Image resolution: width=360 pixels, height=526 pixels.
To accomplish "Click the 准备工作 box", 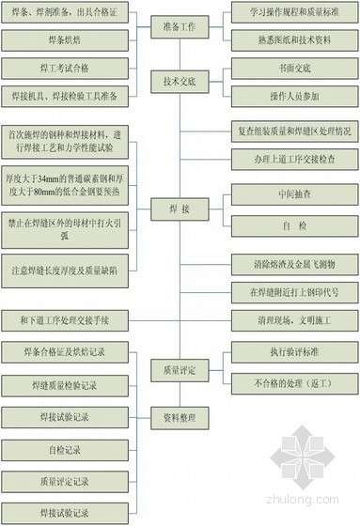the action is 180,28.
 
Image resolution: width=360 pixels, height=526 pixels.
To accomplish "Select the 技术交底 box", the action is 180,84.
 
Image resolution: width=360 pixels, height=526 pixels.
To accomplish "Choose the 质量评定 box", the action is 180,371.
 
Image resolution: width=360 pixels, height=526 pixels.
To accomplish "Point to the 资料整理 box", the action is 180,418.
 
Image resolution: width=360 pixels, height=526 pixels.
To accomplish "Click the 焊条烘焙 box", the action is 62,40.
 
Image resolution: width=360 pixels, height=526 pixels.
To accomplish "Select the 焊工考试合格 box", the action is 62,69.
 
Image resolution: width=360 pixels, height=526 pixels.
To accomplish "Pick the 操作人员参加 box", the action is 292,96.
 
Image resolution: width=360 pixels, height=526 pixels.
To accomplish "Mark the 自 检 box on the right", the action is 292,225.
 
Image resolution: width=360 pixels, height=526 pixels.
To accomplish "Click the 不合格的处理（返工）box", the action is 292,382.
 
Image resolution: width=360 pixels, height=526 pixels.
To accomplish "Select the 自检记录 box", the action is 62,450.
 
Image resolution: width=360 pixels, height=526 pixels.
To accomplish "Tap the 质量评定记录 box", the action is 62,482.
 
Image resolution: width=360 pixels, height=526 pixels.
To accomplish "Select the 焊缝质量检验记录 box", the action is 62,384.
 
